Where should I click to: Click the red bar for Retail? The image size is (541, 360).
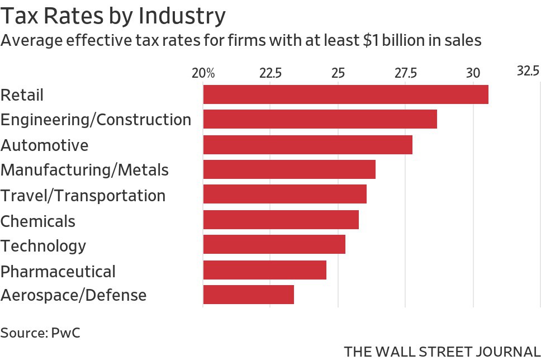(x=345, y=94)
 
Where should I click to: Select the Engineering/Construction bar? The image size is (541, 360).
(x=320, y=120)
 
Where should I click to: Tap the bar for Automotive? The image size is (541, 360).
(x=307, y=145)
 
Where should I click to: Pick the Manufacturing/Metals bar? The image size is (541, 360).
(x=289, y=169)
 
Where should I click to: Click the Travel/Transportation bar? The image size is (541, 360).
(x=284, y=194)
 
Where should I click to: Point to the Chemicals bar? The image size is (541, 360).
(x=281, y=220)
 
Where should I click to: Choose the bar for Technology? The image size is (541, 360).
(x=274, y=245)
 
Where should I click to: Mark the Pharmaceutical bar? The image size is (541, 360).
(x=264, y=270)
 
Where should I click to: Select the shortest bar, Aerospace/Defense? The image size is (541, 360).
(x=248, y=295)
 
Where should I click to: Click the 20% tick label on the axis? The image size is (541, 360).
(x=203, y=73)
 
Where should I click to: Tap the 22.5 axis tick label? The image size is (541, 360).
(x=270, y=73)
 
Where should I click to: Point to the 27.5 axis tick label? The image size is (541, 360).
(x=406, y=73)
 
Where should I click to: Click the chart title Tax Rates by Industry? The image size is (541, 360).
(x=113, y=16)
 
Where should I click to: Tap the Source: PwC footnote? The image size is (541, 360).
(x=40, y=333)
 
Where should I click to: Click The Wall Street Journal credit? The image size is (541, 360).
(x=442, y=352)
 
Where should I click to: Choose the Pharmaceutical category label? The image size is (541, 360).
(x=58, y=272)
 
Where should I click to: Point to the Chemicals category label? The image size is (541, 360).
(x=38, y=221)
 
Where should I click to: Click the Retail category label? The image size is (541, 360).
(x=22, y=95)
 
